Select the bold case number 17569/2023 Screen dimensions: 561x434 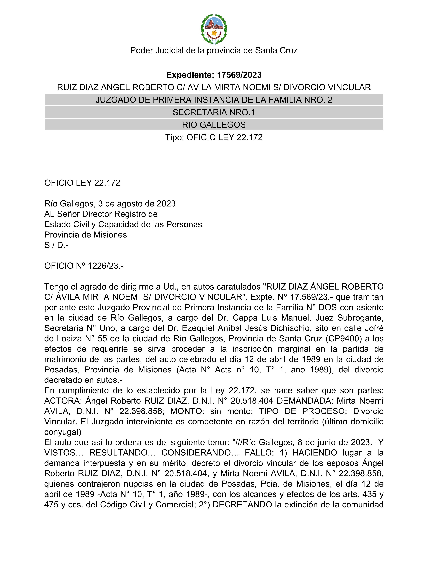tap(239, 75)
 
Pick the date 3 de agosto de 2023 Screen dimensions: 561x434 tap(137, 204)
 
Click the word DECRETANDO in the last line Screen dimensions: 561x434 tap(242, 505)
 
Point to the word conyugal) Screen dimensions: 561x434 tap(63, 432)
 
